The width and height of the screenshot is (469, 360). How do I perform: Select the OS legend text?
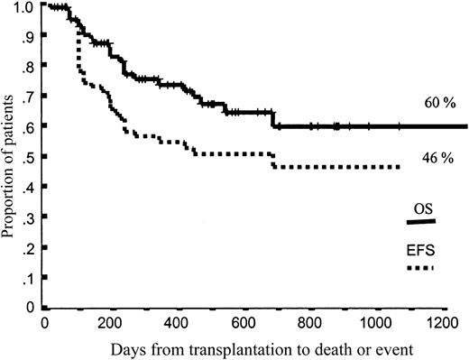419,207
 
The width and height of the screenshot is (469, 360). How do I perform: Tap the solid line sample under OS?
420,221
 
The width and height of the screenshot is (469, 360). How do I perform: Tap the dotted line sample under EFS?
420,267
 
